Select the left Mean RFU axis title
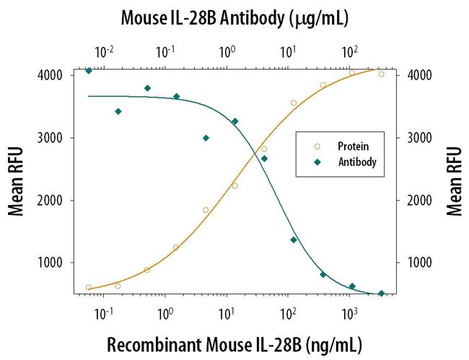point(16,181)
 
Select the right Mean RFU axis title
point(453,181)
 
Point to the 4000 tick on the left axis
point(52,75)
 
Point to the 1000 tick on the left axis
point(52,263)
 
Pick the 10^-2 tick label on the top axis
point(105,51)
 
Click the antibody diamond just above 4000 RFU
point(89,71)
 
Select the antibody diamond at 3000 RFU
point(206,138)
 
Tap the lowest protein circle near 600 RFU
point(89,287)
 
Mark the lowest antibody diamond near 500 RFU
point(381,294)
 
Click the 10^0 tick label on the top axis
point(229,51)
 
